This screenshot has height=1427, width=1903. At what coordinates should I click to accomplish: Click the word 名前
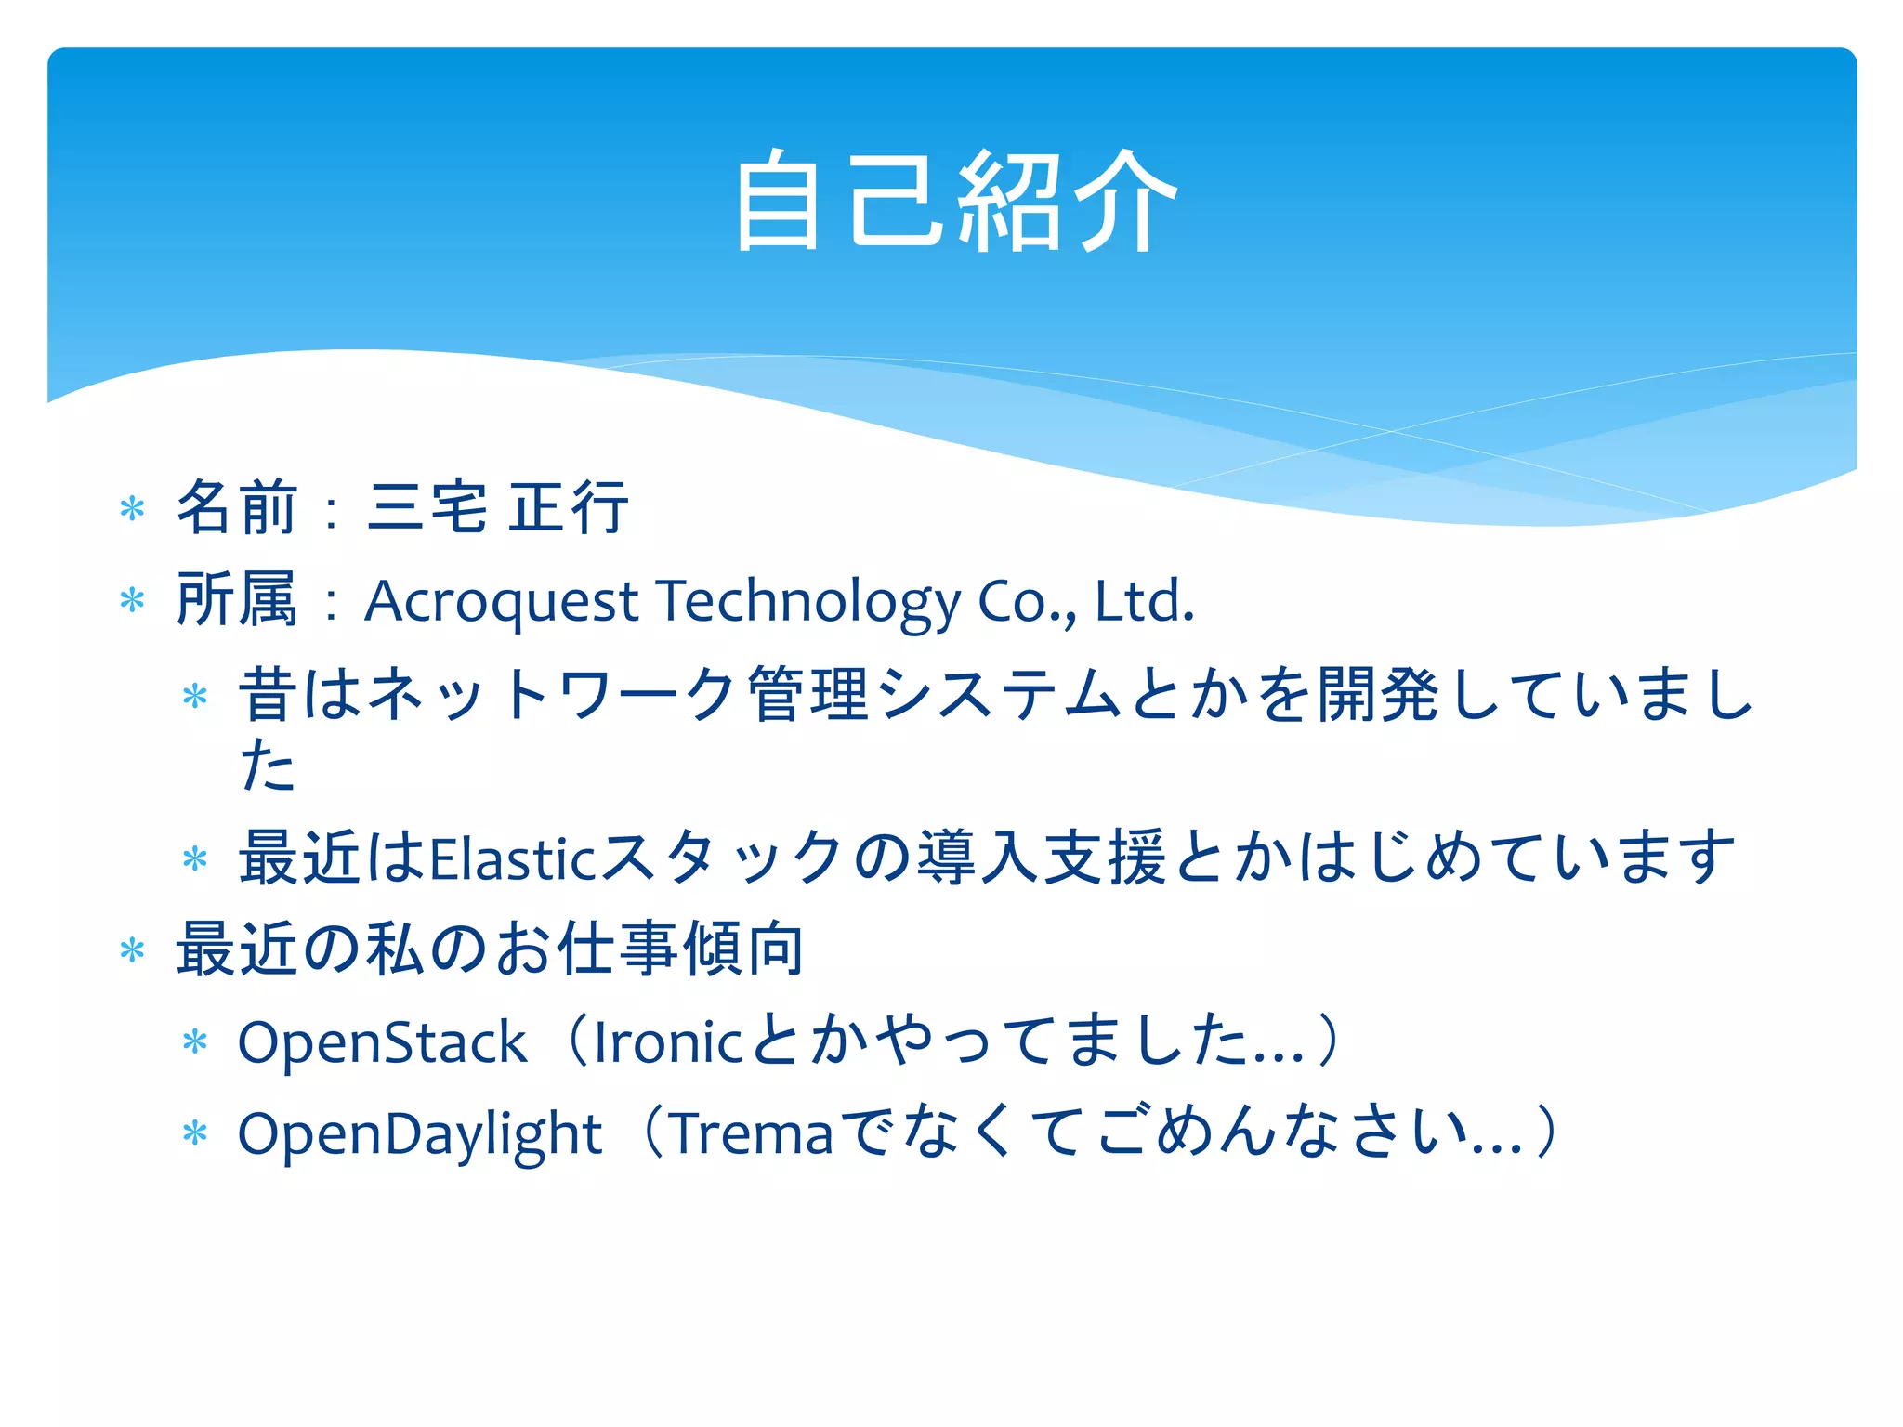tap(237, 507)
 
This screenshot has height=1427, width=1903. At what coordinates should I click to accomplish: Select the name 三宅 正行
tap(498, 507)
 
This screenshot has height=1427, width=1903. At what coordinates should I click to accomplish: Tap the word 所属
tap(237, 599)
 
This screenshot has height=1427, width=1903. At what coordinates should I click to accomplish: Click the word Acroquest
tap(502, 601)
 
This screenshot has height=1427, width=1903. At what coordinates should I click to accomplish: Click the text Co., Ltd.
tap(1085, 601)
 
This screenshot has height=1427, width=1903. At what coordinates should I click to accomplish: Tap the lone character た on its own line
tap(268, 766)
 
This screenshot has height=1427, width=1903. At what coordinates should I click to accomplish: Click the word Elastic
tap(512, 858)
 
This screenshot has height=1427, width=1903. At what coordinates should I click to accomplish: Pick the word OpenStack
tap(382, 1041)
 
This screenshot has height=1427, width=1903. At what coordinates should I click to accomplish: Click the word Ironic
tap(667, 1041)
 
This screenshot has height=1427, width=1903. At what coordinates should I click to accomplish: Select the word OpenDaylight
tap(420, 1134)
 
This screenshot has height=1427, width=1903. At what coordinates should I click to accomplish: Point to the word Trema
tap(752, 1134)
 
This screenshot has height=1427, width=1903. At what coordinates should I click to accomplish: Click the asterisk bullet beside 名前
tap(133, 509)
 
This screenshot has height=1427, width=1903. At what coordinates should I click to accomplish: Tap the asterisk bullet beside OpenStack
tap(195, 1042)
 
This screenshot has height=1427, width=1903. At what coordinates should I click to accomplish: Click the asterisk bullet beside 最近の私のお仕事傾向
tap(133, 950)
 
